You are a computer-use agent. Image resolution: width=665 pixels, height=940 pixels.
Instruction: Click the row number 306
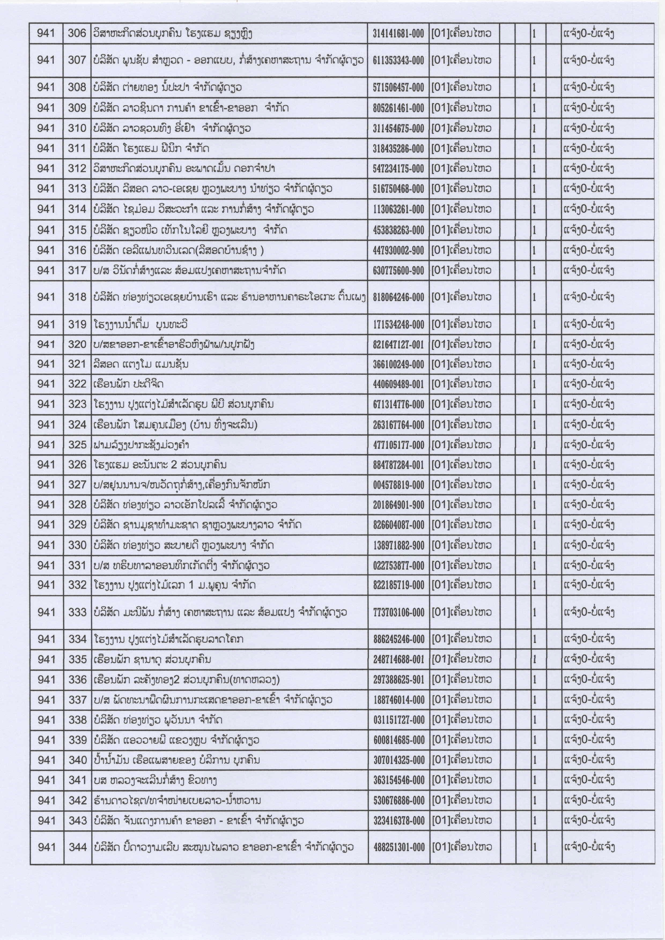pos(77,33)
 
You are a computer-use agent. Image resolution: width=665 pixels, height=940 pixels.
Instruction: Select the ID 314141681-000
pos(398,34)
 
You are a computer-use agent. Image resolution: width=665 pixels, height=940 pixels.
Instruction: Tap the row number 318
pos(77,297)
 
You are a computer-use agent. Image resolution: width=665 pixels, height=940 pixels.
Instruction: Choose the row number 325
pos(77,445)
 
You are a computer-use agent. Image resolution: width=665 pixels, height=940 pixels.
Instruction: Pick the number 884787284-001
pos(398,465)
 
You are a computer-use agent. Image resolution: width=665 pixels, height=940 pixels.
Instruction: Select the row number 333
pos(77,612)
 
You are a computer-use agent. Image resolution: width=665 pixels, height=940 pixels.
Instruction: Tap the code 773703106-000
pos(398,612)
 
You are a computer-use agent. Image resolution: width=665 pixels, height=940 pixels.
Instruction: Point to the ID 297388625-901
pos(398,680)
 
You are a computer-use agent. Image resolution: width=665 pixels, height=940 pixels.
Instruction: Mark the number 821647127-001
pos(398,345)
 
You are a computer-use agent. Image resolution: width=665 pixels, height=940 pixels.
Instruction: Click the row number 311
pos(77,148)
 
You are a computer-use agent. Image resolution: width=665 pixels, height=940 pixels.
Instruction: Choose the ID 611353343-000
pos(398,61)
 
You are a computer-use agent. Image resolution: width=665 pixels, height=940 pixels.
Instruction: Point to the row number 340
pos(77,760)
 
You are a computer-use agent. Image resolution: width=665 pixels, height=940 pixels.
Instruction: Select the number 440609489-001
pos(398,384)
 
